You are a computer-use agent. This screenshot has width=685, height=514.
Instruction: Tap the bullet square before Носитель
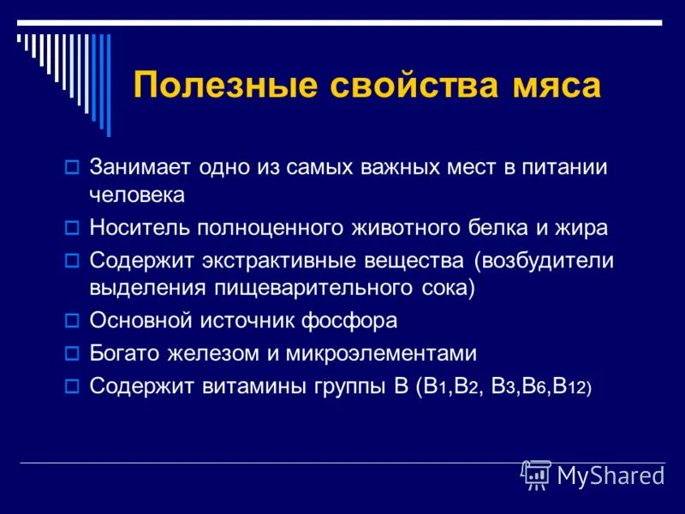(x=72, y=228)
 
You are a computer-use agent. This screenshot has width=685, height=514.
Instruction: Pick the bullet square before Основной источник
(x=72, y=321)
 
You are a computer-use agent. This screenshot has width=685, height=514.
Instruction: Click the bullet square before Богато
(x=72, y=353)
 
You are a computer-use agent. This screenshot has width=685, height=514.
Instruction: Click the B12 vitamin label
(x=572, y=385)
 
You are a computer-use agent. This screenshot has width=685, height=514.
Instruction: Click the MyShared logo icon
(x=536, y=475)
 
